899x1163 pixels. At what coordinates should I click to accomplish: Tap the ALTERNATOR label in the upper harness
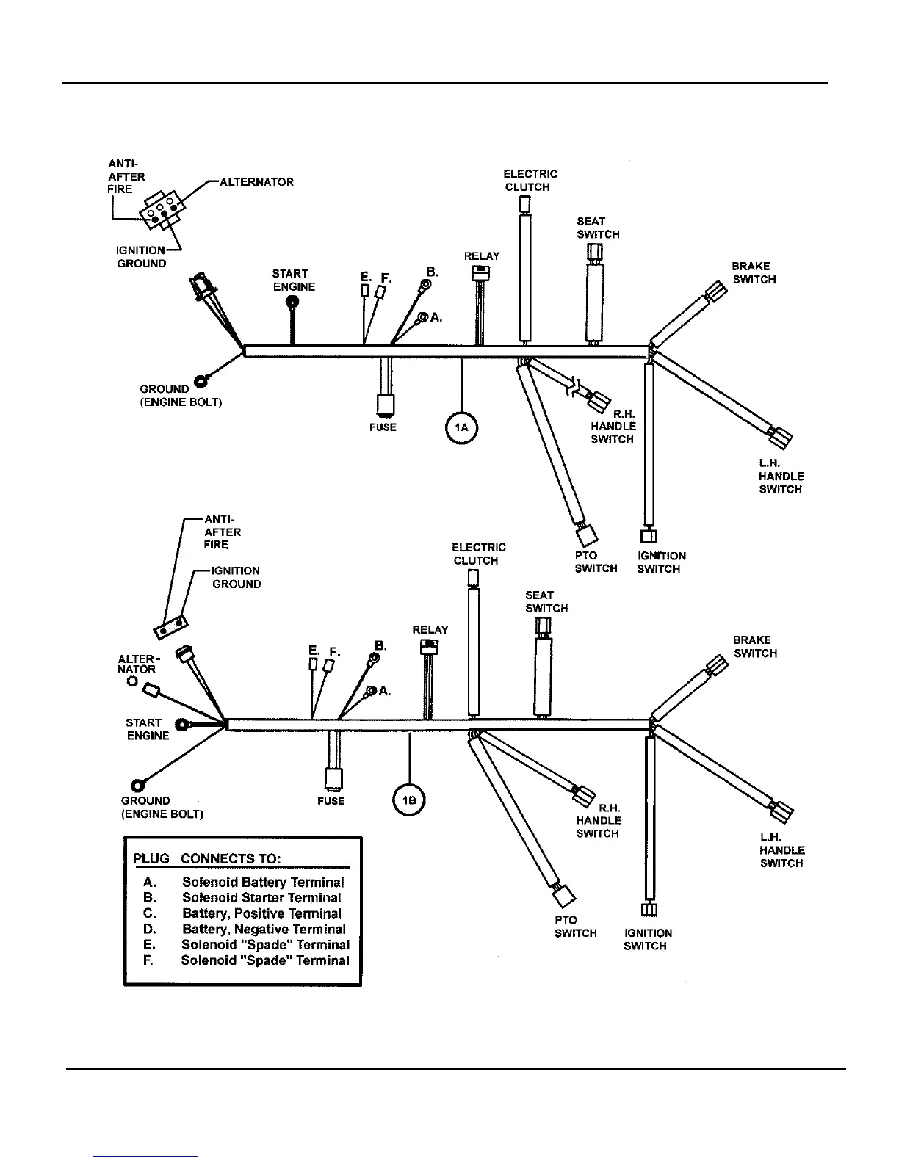[x=257, y=182]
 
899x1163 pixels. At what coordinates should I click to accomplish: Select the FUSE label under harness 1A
[x=383, y=427]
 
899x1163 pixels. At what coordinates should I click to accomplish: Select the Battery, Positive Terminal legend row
[x=261, y=913]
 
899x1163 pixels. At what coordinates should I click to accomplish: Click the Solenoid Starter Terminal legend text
[x=261, y=898]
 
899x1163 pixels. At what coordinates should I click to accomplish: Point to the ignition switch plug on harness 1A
[x=648, y=537]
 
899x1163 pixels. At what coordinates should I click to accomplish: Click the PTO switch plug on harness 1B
[x=564, y=895]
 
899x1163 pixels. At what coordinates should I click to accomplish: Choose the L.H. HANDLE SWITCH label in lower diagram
[x=781, y=850]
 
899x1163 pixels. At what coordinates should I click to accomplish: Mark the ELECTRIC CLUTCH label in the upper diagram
[x=530, y=181]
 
